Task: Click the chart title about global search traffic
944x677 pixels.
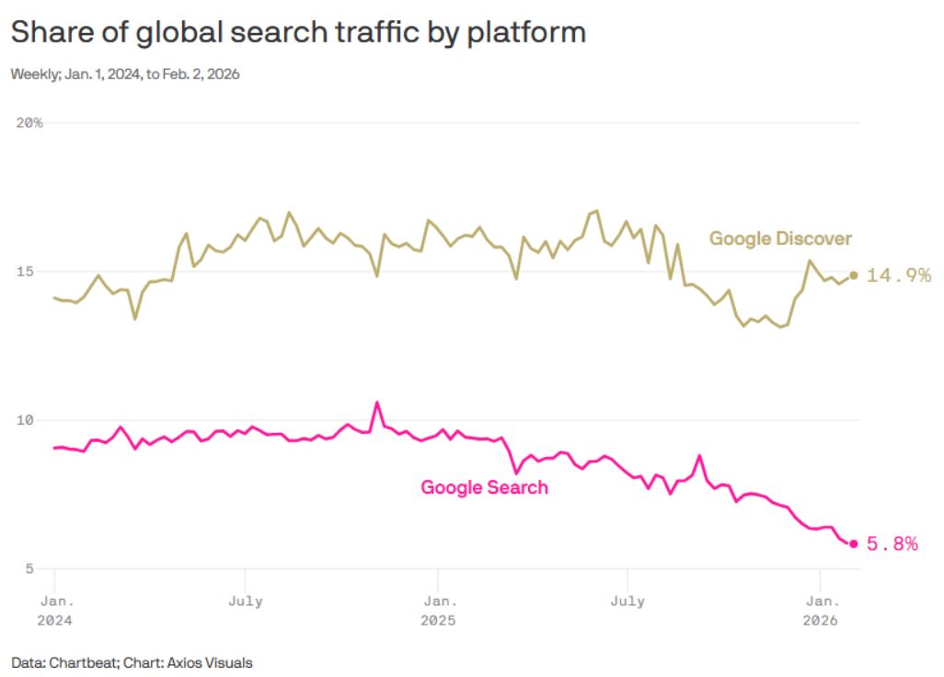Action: pyautogui.click(x=298, y=33)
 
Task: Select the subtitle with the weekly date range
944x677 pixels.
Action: pyautogui.click(x=125, y=75)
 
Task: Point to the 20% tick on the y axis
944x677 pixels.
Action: pyautogui.click(x=29, y=123)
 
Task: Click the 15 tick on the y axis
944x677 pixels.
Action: pyautogui.click(x=27, y=272)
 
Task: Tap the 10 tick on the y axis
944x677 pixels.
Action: pyautogui.click(x=27, y=420)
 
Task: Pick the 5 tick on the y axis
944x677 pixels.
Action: pyautogui.click(x=27, y=569)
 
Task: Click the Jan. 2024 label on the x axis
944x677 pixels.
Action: pyautogui.click(x=54, y=611)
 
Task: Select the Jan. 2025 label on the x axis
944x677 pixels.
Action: pyautogui.click(x=437, y=611)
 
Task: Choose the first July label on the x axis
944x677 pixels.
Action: pyautogui.click(x=245, y=601)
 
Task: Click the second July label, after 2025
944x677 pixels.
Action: pyautogui.click(x=627, y=601)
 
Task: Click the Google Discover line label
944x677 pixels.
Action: pyautogui.click(x=780, y=239)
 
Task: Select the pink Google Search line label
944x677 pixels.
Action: pyautogui.click(x=484, y=487)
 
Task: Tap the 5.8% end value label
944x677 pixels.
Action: pyautogui.click(x=892, y=544)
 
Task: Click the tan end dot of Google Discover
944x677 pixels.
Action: pyautogui.click(x=854, y=274)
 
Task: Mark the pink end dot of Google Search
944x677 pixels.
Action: pyautogui.click(x=854, y=544)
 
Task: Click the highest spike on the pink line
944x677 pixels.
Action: pyautogui.click(x=377, y=403)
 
